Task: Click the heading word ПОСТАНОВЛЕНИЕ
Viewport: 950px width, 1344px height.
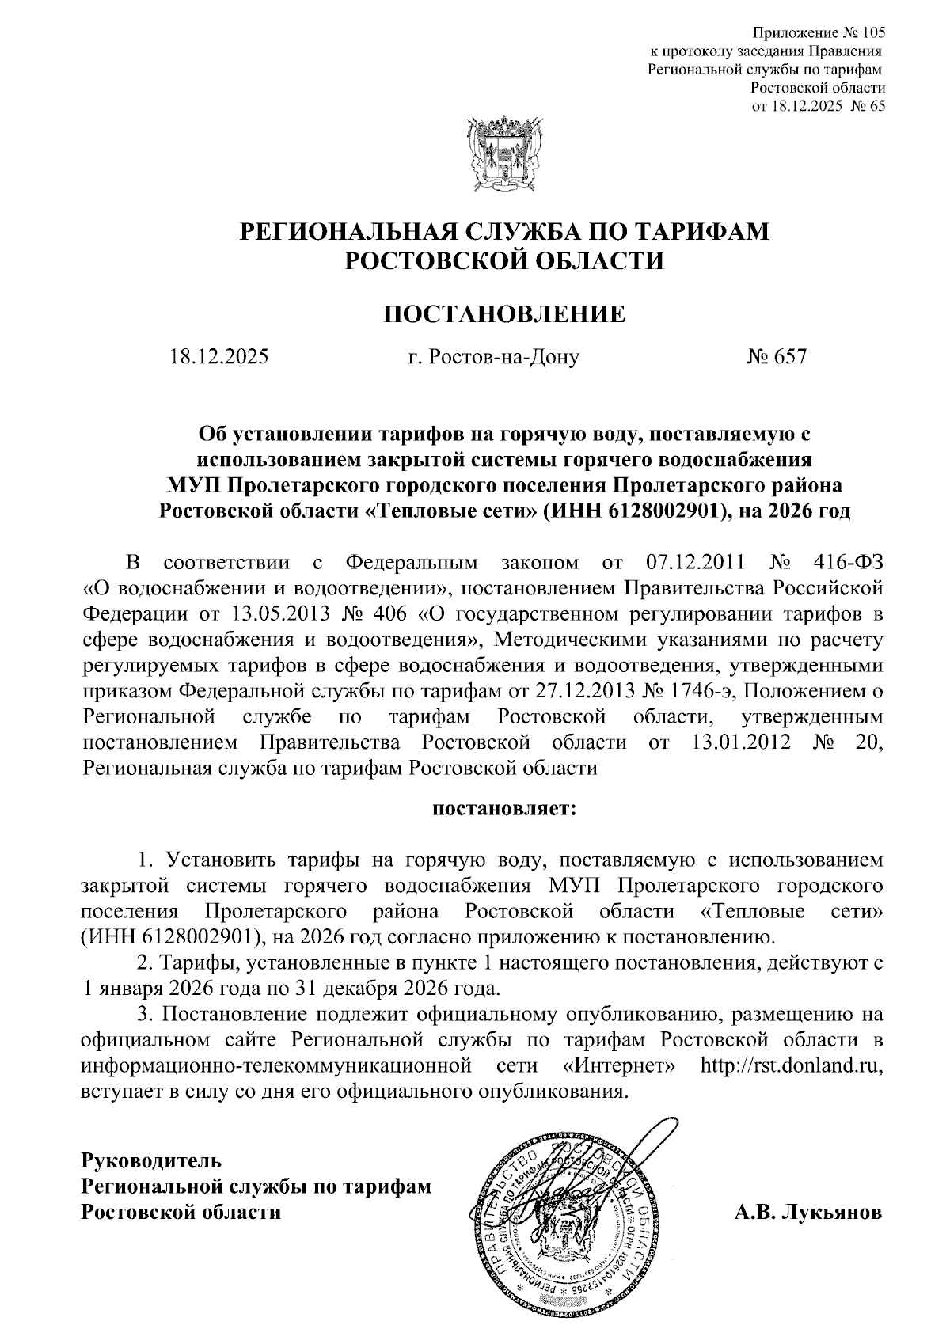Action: click(504, 314)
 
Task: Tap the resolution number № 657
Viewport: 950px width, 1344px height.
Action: click(776, 357)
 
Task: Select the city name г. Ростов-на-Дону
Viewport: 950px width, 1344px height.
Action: click(493, 357)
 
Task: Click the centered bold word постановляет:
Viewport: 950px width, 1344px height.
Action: click(505, 810)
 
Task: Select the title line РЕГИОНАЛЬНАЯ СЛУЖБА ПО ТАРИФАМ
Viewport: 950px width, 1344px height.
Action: click(504, 231)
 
